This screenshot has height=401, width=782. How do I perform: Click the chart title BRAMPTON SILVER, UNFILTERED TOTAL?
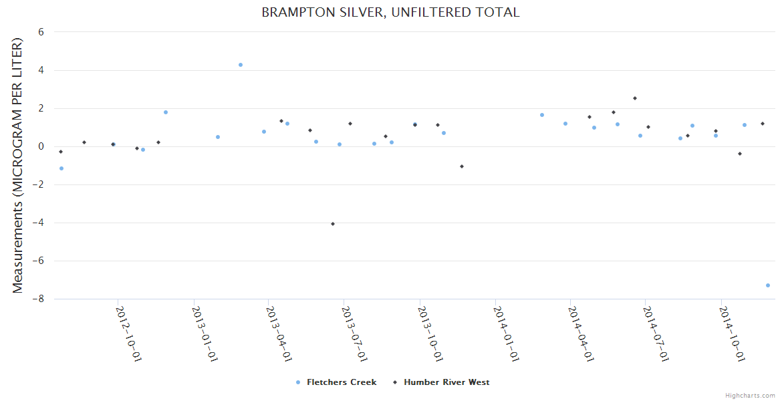(390, 13)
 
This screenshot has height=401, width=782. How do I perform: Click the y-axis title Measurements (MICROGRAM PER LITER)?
(18, 165)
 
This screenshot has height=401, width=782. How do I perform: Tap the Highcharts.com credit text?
(750, 395)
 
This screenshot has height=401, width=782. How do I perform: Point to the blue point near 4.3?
(241, 65)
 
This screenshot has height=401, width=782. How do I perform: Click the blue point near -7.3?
(768, 285)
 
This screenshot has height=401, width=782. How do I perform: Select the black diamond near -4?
(333, 224)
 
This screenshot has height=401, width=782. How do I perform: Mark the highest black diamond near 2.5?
(635, 98)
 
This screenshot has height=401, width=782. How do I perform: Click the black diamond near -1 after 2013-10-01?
(462, 166)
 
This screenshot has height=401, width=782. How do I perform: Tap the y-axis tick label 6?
(41, 31)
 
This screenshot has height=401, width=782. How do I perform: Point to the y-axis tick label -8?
(38, 299)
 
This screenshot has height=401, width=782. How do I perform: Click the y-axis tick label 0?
(41, 146)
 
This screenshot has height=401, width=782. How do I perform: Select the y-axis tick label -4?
(38, 223)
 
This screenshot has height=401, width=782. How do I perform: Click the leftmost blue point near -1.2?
(61, 168)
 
